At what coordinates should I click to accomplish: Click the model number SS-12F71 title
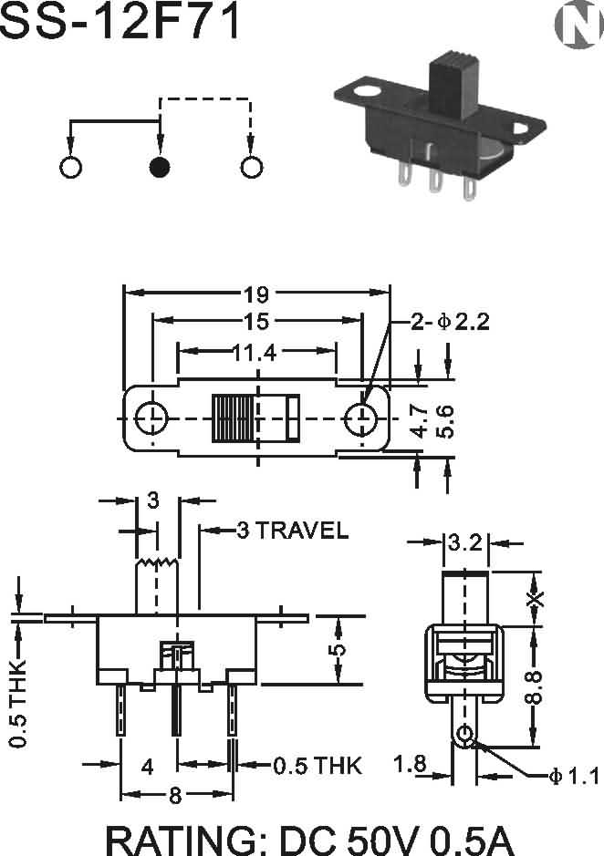(120, 22)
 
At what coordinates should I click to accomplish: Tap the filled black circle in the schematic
(159, 167)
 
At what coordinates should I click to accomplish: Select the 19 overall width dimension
(256, 294)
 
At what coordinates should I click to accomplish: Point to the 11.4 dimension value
(255, 353)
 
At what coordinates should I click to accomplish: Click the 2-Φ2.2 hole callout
(450, 322)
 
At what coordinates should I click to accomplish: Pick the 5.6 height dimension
(445, 421)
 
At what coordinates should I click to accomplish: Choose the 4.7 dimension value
(420, 421)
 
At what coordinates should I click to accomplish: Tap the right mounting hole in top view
(361, 418)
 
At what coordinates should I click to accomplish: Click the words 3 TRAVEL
(293, 530)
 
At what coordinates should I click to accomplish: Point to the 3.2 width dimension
(465, 542)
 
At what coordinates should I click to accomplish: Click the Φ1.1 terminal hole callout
(574, 776)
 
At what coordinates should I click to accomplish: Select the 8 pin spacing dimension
(175, 796)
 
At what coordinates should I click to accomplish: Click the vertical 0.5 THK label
(18, 703)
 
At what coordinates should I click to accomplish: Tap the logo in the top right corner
(578, 26)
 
